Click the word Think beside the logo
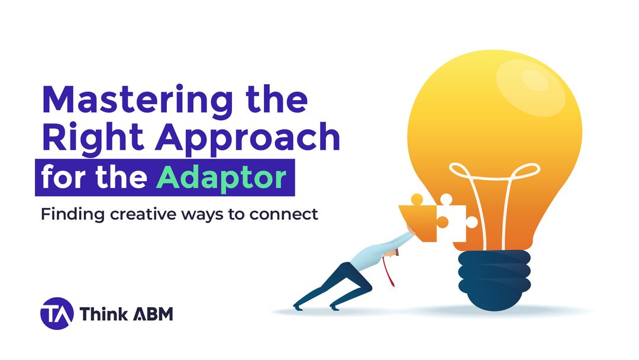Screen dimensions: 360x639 point(102,314)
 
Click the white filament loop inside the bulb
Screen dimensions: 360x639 point(495,178)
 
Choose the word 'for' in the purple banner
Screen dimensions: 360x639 point(62,177)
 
